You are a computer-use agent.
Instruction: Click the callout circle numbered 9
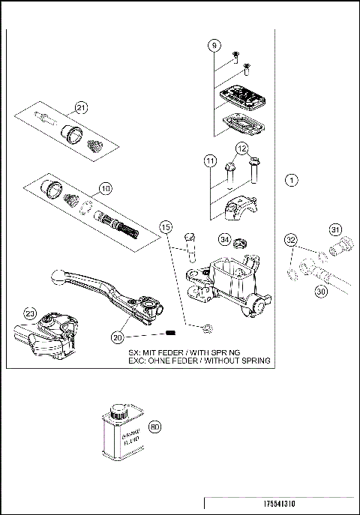[x=214, y=46]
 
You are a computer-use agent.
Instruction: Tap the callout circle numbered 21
[x=82, y=107]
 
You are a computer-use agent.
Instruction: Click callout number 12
[x=241, y=148]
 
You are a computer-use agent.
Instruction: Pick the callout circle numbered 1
[x=292, y=180]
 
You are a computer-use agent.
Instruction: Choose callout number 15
[x=166, y=226]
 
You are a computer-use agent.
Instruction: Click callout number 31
[x=335, y=229]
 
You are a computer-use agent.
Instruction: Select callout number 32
[x=291, y=240]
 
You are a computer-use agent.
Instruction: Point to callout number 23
[x=30, y=313]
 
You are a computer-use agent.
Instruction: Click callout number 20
[x=117, y=337]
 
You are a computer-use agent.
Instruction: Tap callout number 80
[x=155, y=427]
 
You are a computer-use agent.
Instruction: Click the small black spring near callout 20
[x=170, y=333]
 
